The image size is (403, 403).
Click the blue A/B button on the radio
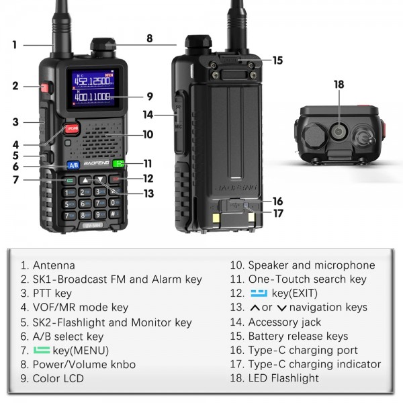pos(73,165)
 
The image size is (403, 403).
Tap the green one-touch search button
pos(119,164)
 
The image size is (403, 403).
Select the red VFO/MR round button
pos(72,128)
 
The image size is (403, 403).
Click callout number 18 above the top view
pos(339,85)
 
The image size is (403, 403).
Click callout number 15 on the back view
pos(277,60)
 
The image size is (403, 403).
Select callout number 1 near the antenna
pos(14,45)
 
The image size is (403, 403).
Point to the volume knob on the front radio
pos(101,48)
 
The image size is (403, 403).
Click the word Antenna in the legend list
pos(54,265)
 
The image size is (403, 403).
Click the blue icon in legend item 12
pos(259,294)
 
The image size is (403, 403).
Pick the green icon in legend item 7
pos(42,350)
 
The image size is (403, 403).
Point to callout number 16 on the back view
pos(277,201)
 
